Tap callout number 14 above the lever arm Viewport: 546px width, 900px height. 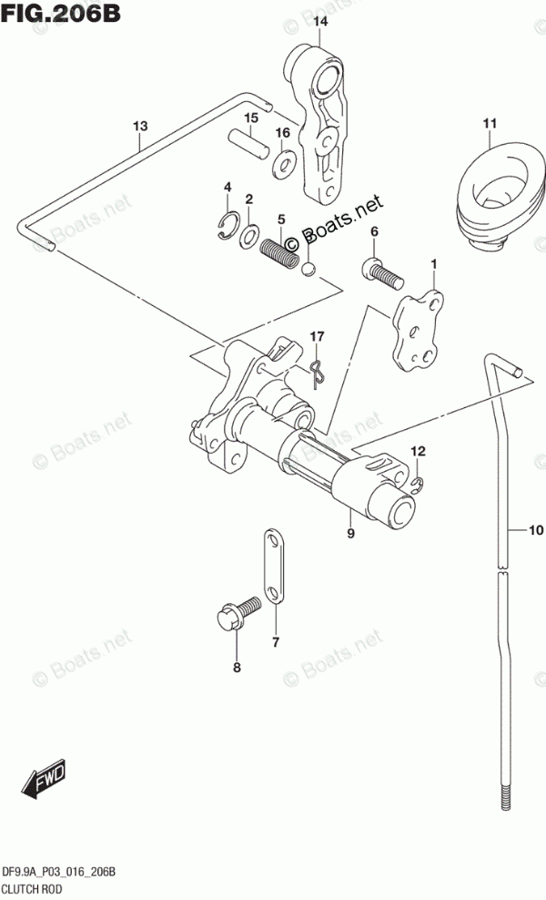click(x=319, y=20)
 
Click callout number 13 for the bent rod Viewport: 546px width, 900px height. click(x=138, y=127)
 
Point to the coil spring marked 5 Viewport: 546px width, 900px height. click(x=279, y=251)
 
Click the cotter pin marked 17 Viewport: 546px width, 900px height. click(x=315, y=371)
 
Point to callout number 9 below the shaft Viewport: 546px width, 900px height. click(x=350, y=535)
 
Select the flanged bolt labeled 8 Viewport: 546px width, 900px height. click(x=231, y=621)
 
